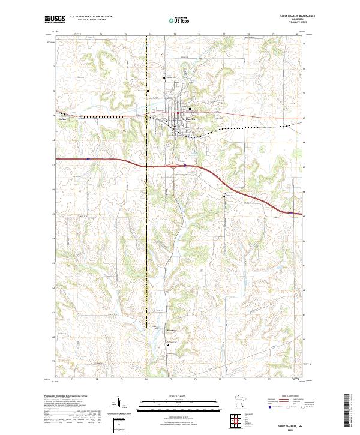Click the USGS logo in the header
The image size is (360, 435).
[55, 19]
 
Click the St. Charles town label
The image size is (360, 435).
[188, 118]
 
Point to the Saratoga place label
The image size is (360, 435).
[172, 331]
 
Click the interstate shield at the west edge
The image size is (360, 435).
[88, 159]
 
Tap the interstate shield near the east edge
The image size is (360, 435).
[291, 212]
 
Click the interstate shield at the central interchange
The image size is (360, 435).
[185, 164]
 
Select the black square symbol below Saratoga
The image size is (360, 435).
[167, 344]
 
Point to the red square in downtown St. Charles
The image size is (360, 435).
[178, 111]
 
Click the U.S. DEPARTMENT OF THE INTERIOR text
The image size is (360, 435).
[91, 17]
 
